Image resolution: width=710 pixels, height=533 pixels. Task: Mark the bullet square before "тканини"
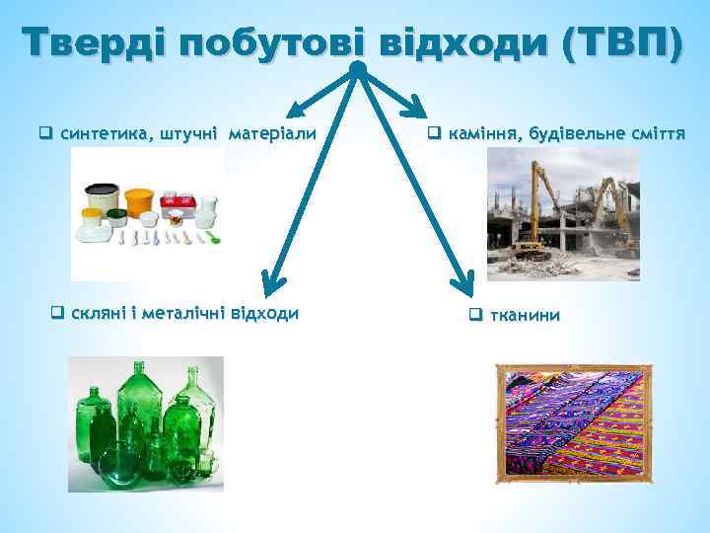(x=474, y=316)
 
